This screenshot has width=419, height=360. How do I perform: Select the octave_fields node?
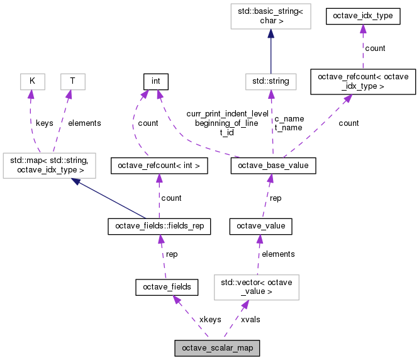tap(167, 288)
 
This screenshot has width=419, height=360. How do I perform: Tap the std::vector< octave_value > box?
tap(256, 287)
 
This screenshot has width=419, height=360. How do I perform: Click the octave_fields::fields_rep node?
tap(159, 225)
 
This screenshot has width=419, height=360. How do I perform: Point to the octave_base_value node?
tap(273, 166)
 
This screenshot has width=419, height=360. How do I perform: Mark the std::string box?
tap(271, 81)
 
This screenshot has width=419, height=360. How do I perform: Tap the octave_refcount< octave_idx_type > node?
tap(363, 81)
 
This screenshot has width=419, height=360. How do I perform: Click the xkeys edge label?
tap(209, 319)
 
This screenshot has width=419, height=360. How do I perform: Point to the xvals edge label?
tap(250, 319)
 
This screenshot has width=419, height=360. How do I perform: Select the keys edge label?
tap(44, 123)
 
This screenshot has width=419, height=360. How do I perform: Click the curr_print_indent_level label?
tap(227, 114)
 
